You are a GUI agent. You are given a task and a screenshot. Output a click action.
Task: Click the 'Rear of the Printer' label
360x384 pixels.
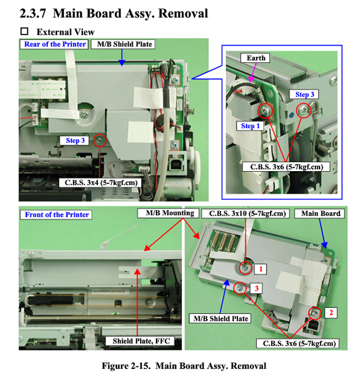tap(55, 44)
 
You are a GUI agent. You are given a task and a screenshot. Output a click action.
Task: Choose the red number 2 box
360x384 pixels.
tap(332, 311)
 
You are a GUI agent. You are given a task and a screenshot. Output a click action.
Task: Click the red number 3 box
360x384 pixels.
tap(256, 288)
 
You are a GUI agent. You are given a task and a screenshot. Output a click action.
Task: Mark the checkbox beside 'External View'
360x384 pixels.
tap(24, 32)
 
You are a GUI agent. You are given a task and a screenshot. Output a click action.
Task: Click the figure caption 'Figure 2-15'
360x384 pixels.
tap(183, 366)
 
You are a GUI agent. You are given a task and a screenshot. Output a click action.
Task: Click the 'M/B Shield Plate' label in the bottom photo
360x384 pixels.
tap(221, 319)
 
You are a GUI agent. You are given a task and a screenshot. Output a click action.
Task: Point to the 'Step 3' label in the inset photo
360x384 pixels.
tap(305, 94)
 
